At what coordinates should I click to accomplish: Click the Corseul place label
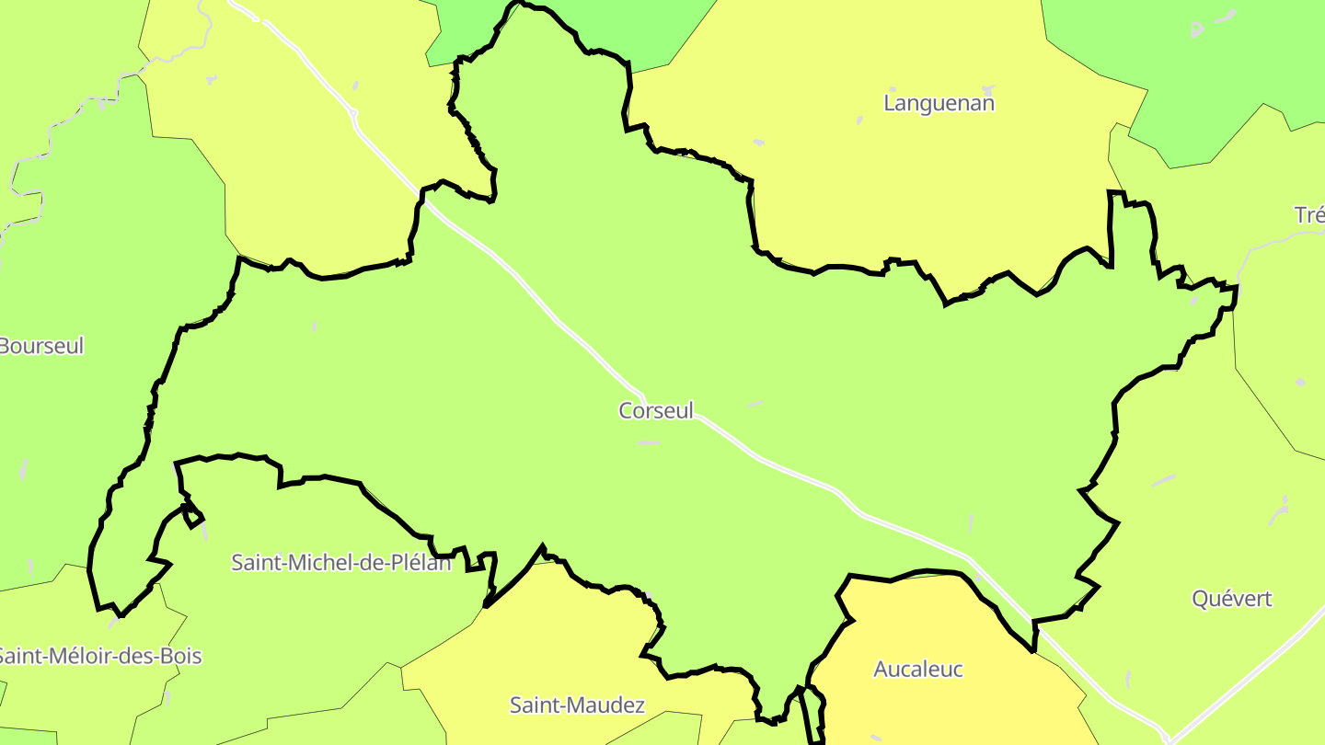tap(656, 410)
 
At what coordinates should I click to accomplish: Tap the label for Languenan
tap(939, 103)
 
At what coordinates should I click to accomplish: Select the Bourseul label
tap(41, 346)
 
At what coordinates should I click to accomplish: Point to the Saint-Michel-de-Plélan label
tap(341, 562)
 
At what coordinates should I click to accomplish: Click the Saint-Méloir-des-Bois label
tap(98, 656)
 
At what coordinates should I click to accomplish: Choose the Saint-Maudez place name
tap(577, 705)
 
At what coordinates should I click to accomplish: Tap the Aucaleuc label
tap(917, 669)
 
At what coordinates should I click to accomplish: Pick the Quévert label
tap(1232, 599)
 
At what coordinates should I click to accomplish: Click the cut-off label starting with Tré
tap(1309, 215)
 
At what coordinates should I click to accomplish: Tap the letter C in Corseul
tap(626, 410)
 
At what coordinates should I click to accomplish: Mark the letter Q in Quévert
tap(1200, 599)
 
